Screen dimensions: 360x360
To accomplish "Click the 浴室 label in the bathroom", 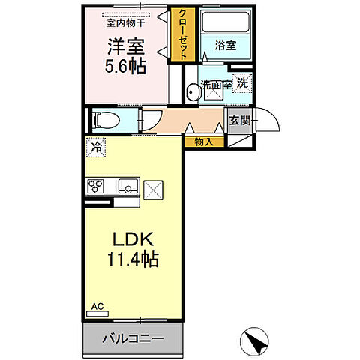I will (x=226, y=46).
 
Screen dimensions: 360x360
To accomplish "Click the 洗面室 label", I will (x=217, y=85).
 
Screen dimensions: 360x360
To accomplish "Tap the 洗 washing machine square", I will (x=242, y=83).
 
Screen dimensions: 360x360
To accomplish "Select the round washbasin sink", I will (x=192, y=93).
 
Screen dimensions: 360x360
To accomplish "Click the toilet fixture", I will (x=103, y=119).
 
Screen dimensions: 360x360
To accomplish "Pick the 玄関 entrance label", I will (x=239, y=121).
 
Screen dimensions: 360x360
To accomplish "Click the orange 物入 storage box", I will (x=203, y=141).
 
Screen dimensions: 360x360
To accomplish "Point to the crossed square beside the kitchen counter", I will (x=154, y=189).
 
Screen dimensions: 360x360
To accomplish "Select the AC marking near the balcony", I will (x=96, y=306).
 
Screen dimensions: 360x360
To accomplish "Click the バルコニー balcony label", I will (x=133, y=338).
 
